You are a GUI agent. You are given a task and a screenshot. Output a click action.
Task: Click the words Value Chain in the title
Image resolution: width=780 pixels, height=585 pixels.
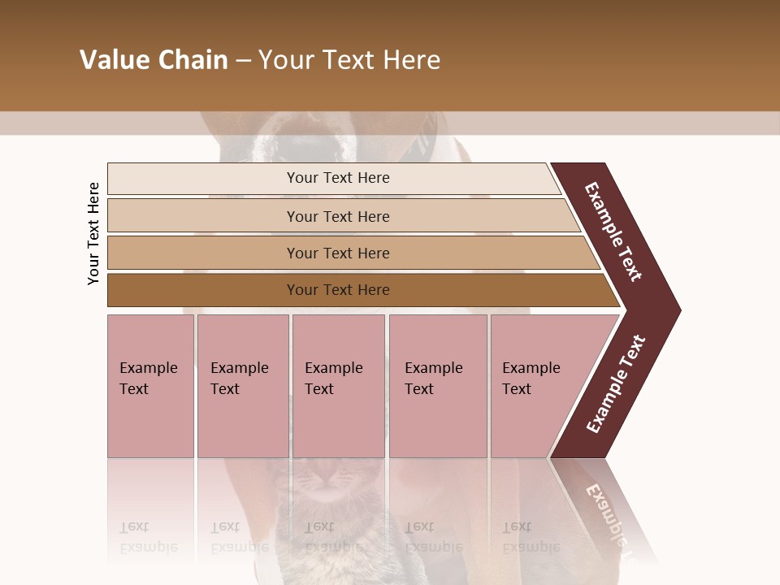(x=154, y=60)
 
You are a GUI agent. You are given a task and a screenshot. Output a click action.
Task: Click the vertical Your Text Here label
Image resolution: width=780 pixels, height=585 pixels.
(x=93, y=233)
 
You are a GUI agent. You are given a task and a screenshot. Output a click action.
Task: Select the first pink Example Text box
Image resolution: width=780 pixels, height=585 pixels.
(x=150, y=385)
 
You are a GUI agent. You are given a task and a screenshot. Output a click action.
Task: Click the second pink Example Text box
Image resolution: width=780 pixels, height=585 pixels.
(x=242, y=385)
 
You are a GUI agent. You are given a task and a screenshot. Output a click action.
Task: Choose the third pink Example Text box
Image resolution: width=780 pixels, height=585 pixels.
(x=338, y=385)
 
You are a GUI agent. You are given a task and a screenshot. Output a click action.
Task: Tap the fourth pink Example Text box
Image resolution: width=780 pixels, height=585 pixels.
(x=437, y=385)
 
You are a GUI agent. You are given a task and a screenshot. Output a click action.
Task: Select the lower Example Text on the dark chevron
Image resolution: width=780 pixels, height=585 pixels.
(x=616, y=383)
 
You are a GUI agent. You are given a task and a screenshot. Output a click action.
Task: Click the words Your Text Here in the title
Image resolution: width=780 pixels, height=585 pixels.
(x=349, y=60)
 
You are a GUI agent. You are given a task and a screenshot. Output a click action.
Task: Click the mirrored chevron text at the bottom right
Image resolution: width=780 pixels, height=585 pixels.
(x=606, y=512)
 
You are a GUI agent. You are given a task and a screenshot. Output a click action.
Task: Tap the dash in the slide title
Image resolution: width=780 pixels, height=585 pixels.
(x=243, y=61)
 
